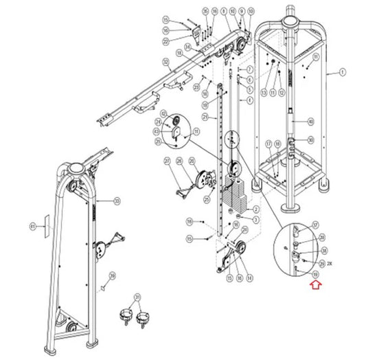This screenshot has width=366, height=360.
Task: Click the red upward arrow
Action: (315, 289)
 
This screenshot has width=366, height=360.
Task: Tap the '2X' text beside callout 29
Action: (330, 262)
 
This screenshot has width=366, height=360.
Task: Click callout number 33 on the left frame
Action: (117, 201)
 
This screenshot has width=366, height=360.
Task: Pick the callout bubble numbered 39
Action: (113, 275)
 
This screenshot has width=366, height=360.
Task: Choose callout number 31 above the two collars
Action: (136, 297)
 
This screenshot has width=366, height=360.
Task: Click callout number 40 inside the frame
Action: (310, 122)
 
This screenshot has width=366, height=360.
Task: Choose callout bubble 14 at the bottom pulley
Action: (250, 278)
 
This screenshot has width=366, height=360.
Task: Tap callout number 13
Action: (262, 92)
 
